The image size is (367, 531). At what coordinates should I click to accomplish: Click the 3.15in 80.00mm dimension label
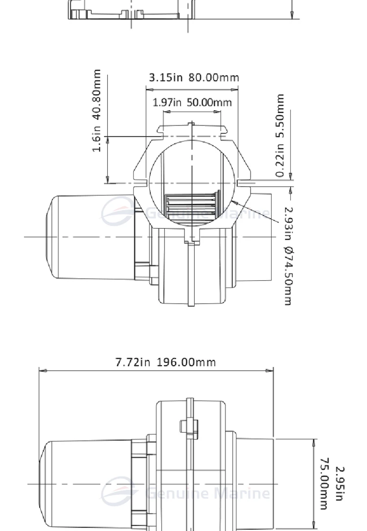[x=194, y=77]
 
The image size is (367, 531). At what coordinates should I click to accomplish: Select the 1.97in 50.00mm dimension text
[x=192, y=102]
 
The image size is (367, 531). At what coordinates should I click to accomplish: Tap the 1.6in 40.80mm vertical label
[x=97, y=111]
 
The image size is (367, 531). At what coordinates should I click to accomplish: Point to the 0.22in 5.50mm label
[x=279, y=136]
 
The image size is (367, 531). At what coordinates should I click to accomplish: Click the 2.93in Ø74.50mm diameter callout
[x=288, y=256]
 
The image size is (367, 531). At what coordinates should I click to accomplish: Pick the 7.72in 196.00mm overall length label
[x=165, y=362]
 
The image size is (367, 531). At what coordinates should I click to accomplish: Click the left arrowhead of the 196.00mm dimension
[x=43, y=371]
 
